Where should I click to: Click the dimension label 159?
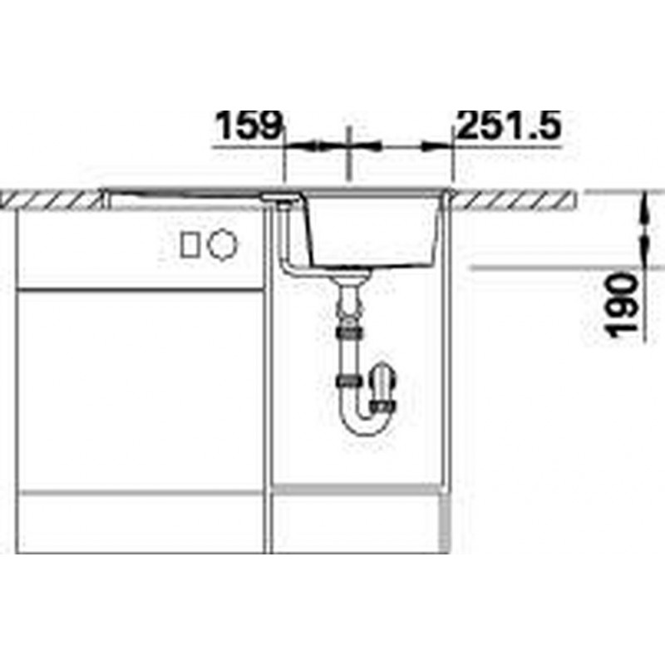pyautogui.click(x=249, y=126)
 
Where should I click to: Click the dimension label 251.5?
pyautogui.click(x=510, y=126)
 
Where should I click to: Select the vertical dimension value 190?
pyautogui.click(x=623, y=305)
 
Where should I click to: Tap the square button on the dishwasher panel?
pyautogui.click(x=190, y=245)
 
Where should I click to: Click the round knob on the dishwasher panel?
pyautogui.click(x=222, y=244)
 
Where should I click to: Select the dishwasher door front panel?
pyautogui.click(x=140, y=390)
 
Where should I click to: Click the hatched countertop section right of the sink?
pyautogui.click(x=515, y=200)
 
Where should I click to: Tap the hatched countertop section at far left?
pyautogui.click(x=51, y=200)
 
